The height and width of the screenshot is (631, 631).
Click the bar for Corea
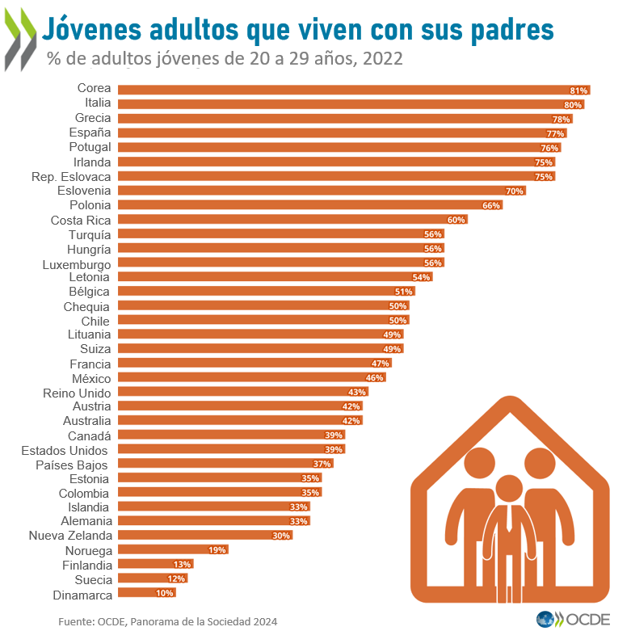(x=354, y=90)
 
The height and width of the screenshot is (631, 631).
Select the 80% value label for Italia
(x=573, y=105)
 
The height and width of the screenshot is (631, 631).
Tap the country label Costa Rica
(x=81, y=220)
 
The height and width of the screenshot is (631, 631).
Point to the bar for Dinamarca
(x=145, y=593)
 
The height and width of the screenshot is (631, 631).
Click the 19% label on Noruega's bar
(x=217, y=549)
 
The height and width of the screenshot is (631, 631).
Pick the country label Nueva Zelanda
(x=70, y=535)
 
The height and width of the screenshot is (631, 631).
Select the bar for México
(x=251, y=377)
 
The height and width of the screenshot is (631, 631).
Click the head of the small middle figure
(x=509, y=488)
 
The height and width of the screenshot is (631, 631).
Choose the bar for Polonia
(x=309, y=205)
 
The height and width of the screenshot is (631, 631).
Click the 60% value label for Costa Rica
(x=456, y=220)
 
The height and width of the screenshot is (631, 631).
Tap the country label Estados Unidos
(x=65, y=449)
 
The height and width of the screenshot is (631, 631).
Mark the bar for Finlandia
(x=155, y=564)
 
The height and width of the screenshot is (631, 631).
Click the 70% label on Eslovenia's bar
(x=515, y=191)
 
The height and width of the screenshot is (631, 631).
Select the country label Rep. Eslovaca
(x=71, y=176)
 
